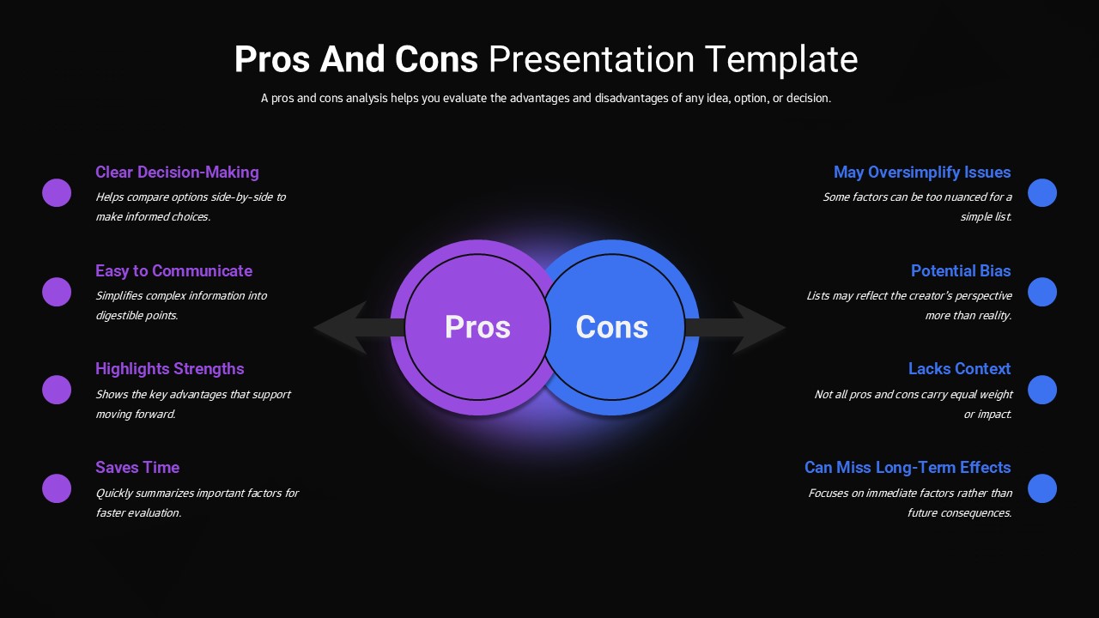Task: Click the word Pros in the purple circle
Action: click(477, 327)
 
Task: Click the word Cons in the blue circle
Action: click(611, 327)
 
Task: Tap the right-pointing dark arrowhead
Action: click(759, 327)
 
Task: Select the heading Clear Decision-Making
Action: click(177, 173)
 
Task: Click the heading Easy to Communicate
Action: click(173, 271)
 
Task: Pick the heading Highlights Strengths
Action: click(169, 369)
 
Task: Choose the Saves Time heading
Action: click(137, 468)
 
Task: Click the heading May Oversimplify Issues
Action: click(922, 173)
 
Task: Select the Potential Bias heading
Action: click(961, 271)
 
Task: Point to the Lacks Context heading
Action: click(959, 369)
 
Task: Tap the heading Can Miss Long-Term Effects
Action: click(908, 468)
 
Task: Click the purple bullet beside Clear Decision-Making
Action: click(57, 193)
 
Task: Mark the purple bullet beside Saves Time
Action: click(57, 488)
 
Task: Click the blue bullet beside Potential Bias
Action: click(1042, 292)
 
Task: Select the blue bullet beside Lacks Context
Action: click(1042, 390)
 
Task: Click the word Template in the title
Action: click(781, 60)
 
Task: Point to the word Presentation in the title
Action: click(592, 60)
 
